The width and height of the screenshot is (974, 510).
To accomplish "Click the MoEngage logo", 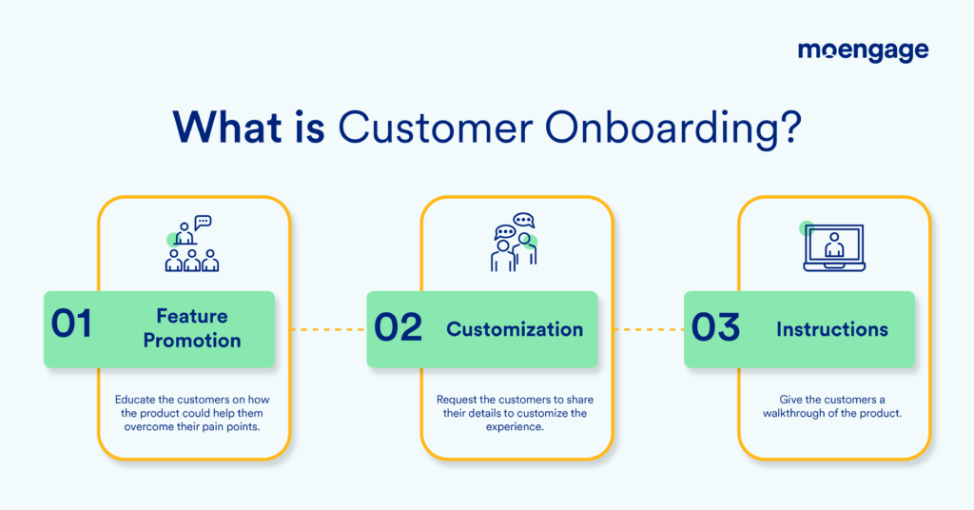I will click(863, 52).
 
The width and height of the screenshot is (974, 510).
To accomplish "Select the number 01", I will click(71, 325).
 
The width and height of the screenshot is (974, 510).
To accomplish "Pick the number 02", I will click(398, 327).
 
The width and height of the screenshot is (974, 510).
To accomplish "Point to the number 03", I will click(715, 327).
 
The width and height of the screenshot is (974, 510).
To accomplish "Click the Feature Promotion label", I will click(192, 327).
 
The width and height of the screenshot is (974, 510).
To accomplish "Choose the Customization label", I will click(515, 329).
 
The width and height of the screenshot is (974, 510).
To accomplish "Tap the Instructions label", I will click(832, 329).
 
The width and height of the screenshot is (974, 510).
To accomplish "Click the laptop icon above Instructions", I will click(833, 247).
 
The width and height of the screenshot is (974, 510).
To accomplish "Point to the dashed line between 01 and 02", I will click(321, 329).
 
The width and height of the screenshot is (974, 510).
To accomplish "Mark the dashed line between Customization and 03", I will click(641, 329).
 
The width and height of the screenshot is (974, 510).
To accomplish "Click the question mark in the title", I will click(786, 127).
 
